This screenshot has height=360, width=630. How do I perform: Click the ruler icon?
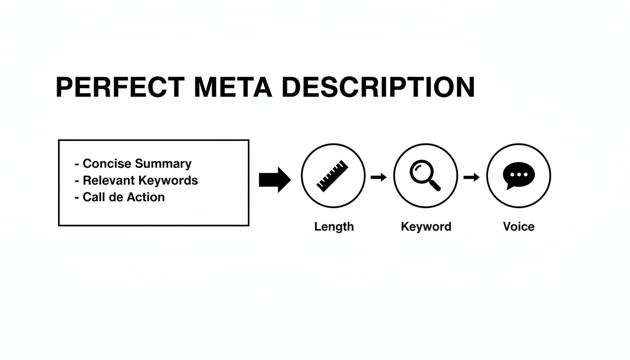333,176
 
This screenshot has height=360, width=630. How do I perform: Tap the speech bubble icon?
518,176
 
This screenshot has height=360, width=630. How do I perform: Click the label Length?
334,227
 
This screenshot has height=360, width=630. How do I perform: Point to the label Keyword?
426,227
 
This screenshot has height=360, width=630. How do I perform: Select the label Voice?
518,227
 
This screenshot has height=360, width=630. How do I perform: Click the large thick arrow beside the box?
275,180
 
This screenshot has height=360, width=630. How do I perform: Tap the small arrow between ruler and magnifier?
379,177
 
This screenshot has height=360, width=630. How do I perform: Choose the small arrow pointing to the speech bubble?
472,177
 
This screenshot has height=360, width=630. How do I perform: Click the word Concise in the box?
107,164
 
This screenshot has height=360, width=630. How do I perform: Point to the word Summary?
163,164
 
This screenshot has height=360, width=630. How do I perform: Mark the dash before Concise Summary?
76,164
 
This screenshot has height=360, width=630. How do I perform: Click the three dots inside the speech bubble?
518,174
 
